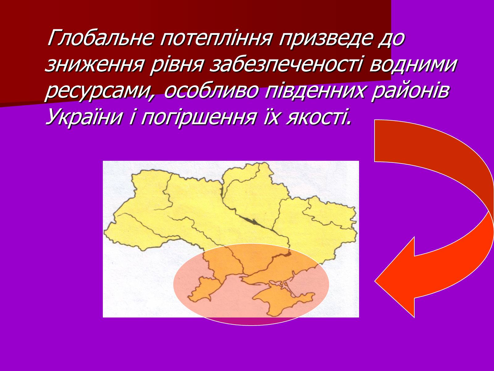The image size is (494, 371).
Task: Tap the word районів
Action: [410, 91]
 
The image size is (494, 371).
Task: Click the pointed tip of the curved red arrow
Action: [375, 281]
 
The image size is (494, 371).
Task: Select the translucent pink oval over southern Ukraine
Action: [251, 284]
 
